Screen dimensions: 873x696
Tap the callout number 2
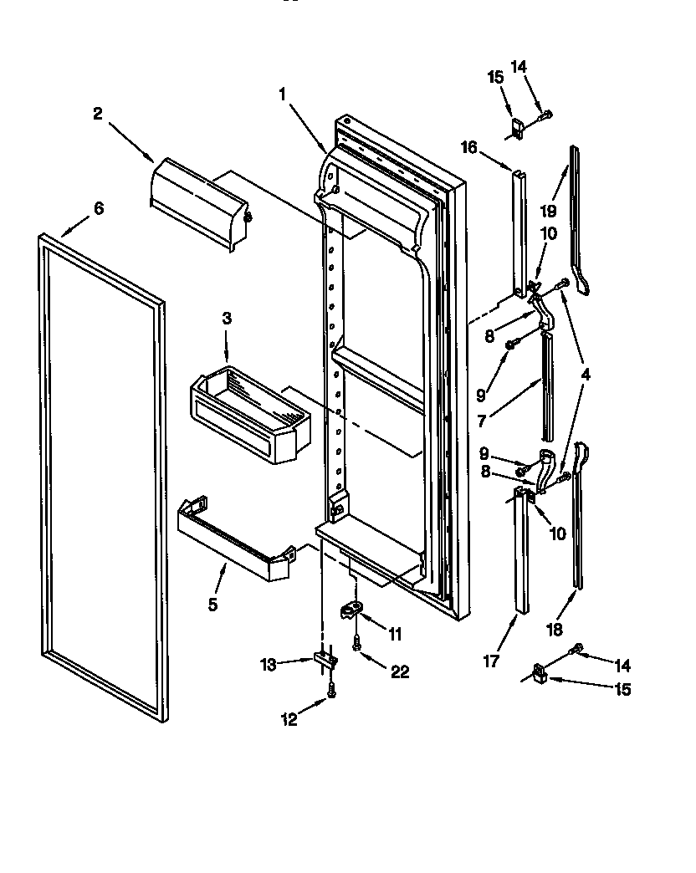(x=98, y=115)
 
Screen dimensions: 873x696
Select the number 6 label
(x=99, y=208)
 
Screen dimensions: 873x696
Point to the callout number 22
(x=400, y=671)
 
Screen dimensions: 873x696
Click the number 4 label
(x=585, y=375)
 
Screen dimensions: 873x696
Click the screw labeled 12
(x=331, y=691)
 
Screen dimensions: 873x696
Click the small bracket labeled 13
(x=324, y=661)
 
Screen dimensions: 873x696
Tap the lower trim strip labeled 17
(x=522, y=552)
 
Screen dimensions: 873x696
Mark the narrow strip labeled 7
(x=546, y=385)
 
